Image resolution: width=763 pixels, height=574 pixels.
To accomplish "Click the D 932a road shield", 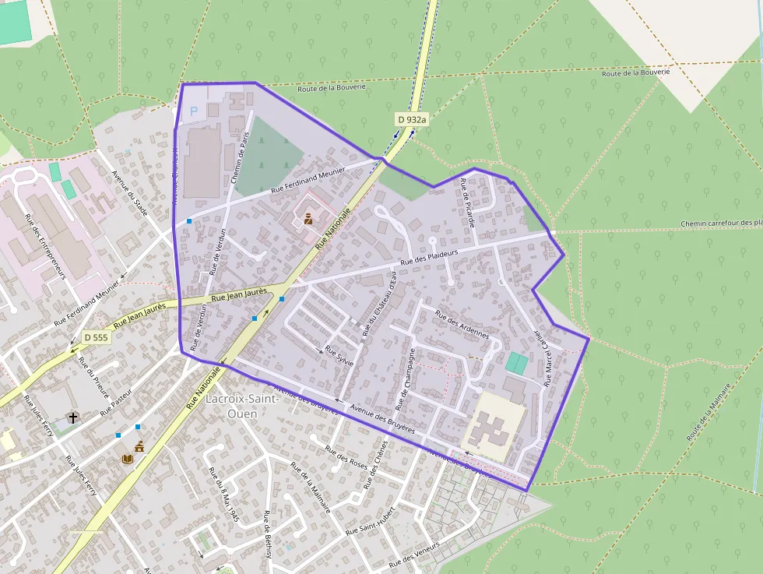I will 412,119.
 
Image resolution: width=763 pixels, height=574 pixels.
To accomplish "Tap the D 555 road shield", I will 96,337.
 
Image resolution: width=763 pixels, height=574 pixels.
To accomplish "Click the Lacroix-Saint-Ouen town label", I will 242,406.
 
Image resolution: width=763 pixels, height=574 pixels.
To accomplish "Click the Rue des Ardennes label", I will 462,324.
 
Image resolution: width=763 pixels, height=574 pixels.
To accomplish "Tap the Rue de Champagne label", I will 406,379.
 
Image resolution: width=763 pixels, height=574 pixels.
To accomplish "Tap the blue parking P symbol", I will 194,111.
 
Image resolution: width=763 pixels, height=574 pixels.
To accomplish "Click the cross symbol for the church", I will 73,418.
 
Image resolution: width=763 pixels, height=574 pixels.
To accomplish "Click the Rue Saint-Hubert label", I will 370,520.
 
